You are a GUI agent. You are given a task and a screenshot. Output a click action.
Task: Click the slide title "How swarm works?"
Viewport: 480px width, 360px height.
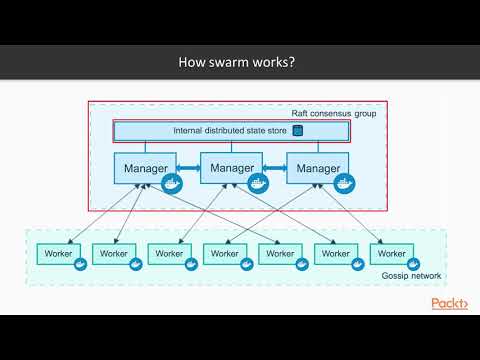[235, 62]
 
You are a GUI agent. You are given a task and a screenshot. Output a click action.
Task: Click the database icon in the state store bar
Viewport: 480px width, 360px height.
[297, 131]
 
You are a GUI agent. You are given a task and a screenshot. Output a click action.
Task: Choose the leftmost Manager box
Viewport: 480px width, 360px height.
[145, 169]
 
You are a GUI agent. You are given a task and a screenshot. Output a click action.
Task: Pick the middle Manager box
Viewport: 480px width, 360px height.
[231, 168]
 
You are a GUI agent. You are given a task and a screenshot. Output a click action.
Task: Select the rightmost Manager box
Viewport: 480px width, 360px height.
[317, 169]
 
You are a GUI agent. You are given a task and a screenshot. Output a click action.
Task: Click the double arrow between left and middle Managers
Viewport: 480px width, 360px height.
[189, 168]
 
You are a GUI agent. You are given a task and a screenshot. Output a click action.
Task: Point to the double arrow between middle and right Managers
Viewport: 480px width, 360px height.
[275, 168]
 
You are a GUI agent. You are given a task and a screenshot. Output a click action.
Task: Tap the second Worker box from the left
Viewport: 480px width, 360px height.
[113, 254]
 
